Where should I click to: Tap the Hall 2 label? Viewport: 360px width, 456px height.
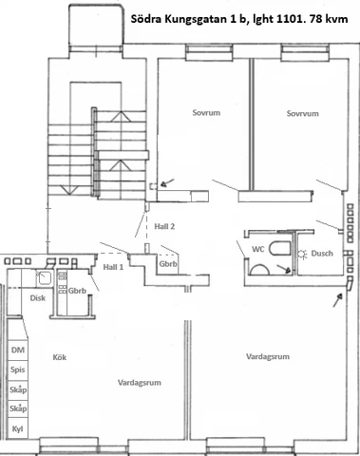165,228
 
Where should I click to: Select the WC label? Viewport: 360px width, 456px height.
258,249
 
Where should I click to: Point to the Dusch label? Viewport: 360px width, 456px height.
322,254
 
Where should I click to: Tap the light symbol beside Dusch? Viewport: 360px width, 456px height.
302,255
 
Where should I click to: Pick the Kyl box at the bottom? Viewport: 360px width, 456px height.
16,427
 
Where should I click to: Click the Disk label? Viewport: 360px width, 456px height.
37,297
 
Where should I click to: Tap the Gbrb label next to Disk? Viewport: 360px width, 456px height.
77,291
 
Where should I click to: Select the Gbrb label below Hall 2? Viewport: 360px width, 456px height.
169,264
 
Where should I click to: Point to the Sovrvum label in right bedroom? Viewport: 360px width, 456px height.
300,113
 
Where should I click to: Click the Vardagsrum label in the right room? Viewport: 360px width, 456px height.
267,357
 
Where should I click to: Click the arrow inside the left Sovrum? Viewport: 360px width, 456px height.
167,183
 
